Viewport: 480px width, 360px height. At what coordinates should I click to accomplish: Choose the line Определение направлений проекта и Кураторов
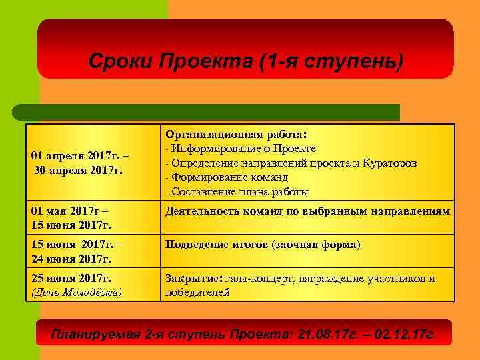coord(293,163)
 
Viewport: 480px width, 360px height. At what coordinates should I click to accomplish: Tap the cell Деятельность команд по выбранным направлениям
coord(307,212)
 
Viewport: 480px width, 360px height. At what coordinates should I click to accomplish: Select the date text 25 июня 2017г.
coord(71,278)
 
